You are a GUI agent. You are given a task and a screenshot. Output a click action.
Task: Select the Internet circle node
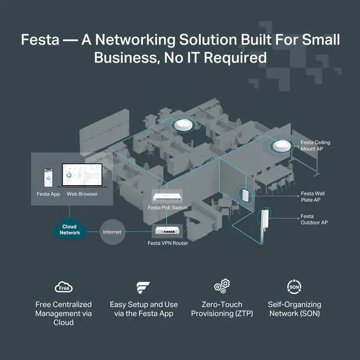112,231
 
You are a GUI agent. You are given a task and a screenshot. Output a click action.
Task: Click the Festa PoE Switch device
168,196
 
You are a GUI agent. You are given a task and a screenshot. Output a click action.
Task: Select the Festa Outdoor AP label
314,219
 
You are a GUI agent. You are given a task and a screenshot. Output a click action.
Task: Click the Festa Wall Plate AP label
313,196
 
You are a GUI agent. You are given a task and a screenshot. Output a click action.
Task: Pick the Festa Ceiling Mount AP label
316,146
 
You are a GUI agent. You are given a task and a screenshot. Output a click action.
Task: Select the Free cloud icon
64,288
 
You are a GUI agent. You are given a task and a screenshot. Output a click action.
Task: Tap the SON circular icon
294,287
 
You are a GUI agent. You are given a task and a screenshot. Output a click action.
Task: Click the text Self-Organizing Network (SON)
294,309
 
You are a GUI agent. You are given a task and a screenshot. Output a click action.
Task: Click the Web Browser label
82,194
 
